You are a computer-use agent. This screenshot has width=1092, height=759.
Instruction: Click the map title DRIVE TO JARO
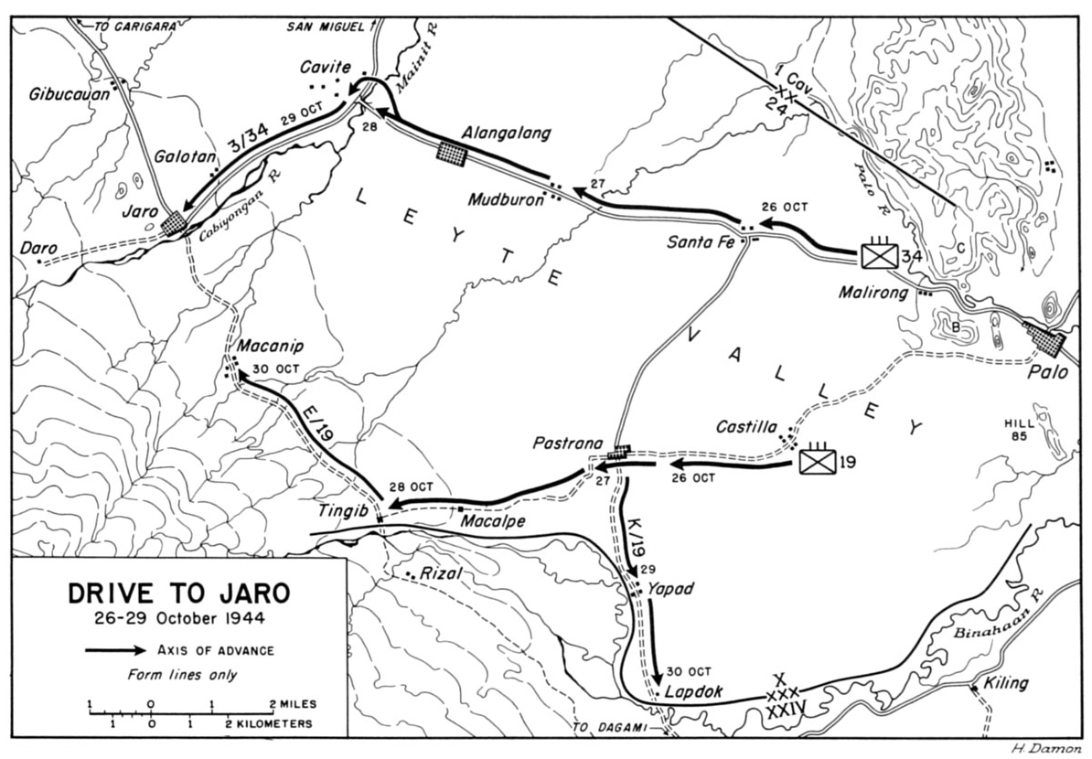[x=179, y=593]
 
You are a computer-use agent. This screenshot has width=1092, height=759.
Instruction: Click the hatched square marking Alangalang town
[x=451, y=155]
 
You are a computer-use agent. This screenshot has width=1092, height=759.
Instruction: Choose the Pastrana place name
[x=569, y=444]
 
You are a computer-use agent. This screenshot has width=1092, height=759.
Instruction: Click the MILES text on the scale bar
[x=294, y=704]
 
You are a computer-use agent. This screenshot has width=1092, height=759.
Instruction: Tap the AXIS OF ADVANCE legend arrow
[x=114, y=651]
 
